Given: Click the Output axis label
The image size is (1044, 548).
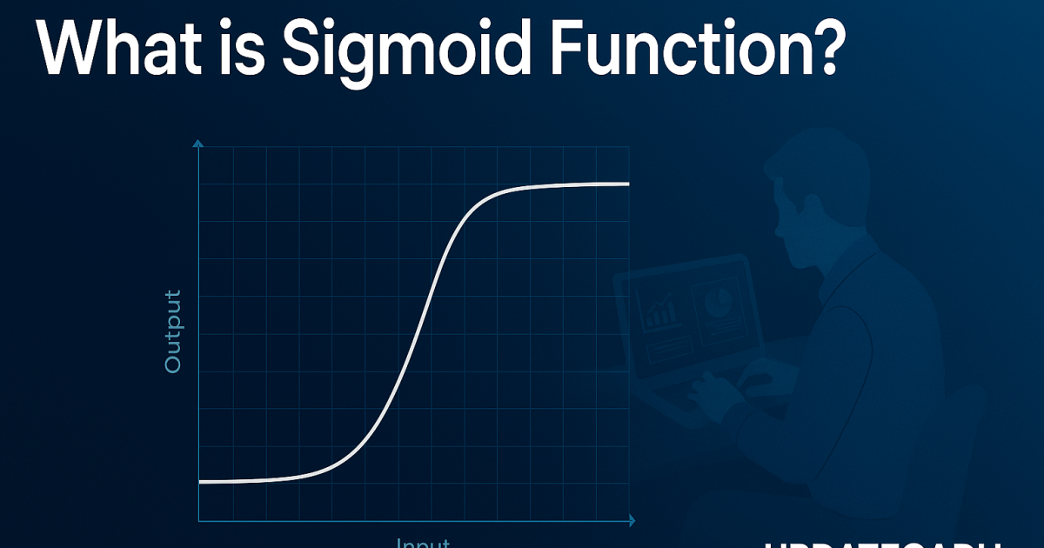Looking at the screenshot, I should [173, 331].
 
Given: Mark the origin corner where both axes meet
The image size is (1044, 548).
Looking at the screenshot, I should [199, 521].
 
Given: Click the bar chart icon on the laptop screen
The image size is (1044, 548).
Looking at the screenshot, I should [658, 310].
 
